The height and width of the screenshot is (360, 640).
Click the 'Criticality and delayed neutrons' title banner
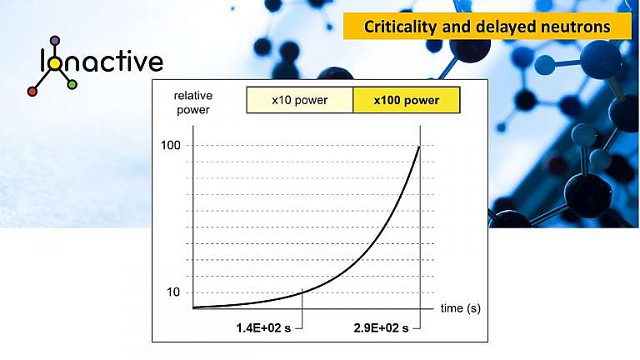click(x=487, y=27)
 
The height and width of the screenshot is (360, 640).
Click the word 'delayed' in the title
click(x=502, y=27)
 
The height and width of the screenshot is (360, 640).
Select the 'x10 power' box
click(x=299, y=101)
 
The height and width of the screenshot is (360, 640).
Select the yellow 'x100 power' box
click(x=406, y=101)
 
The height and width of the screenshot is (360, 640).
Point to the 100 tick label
click(x=171, y=146)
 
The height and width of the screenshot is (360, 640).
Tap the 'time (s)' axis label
click(x=461, y=307)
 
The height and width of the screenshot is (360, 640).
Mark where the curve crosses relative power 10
click(x=302, y=292)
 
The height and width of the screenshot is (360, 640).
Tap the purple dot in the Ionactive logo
click(x=55, y=40)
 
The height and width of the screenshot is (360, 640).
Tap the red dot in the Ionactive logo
click(x=32, y=92)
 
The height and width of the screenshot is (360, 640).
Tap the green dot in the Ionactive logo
click(x=72, y=85)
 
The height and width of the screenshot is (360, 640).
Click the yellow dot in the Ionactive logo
click(x=55, y=63)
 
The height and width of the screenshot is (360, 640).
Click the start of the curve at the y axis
click(x=194, y=307)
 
